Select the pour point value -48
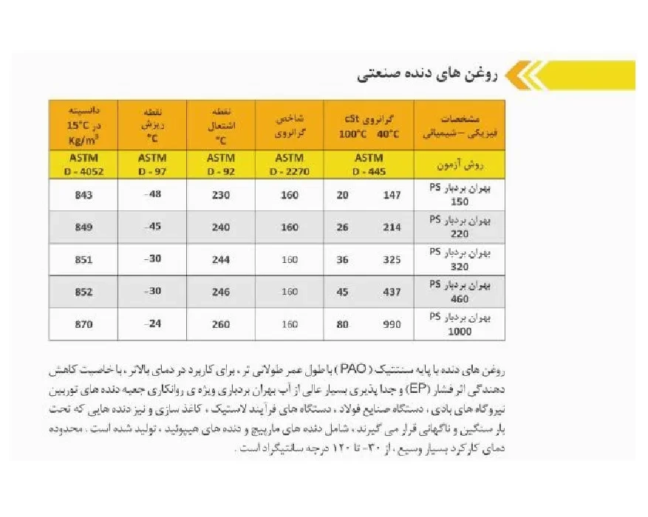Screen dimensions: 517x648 click(x=153, y=195)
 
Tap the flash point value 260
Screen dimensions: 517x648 click(x=220, y=324)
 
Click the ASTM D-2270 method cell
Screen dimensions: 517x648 click(x=289, y=164)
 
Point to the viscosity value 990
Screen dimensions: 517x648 click(x=392, y=324)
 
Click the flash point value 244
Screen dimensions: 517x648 click(x=220, y=260)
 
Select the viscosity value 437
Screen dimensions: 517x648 click(x=392, y=292)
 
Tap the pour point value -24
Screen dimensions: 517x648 click(x=153, y=324)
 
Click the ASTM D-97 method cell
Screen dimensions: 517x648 click(x=153, y=164)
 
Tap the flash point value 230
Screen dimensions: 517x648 click(x=220, y=195)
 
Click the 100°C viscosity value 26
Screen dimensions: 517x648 click(x=343, y=227)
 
